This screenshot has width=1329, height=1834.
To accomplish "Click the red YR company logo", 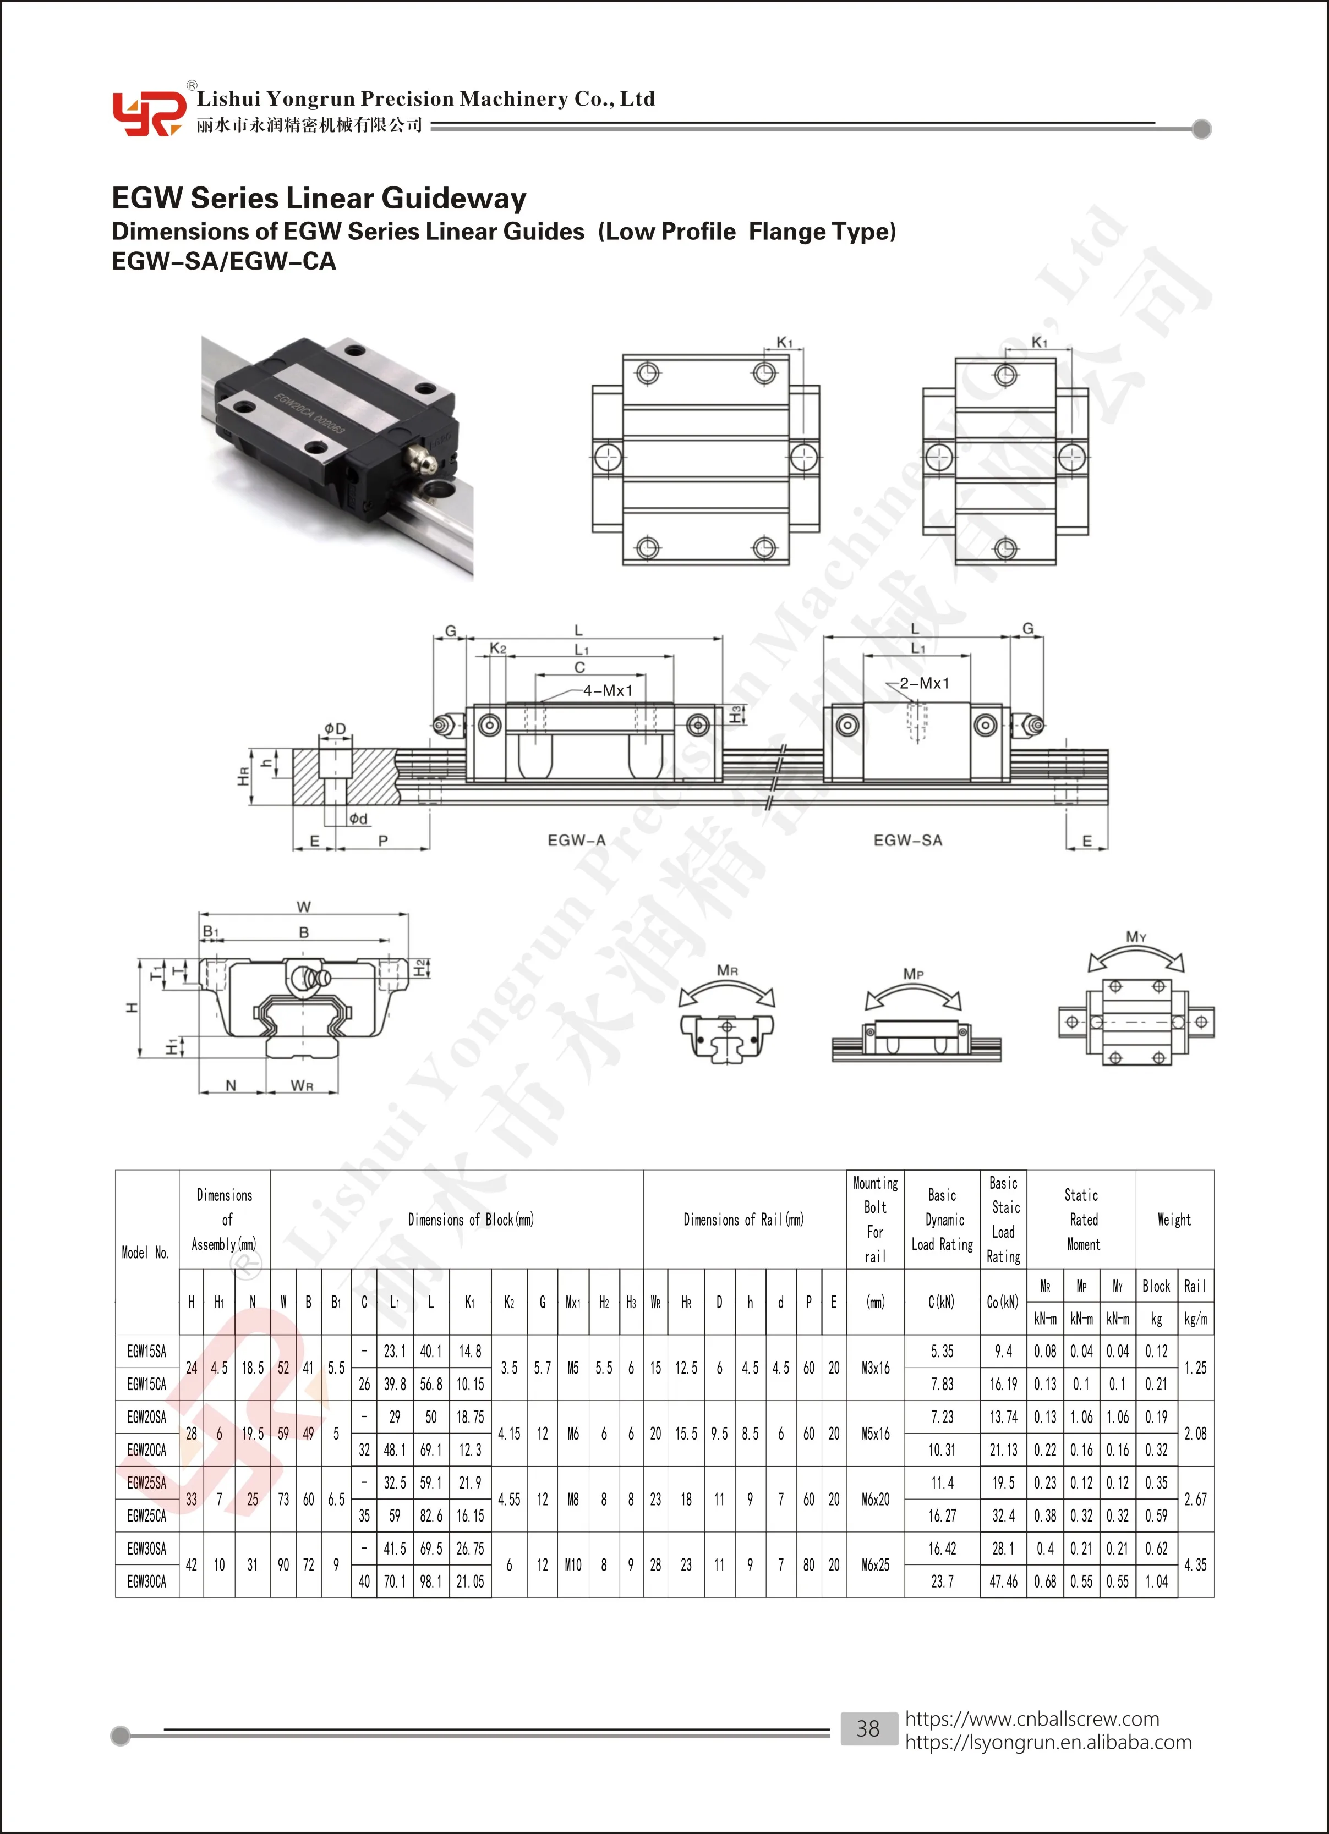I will coord(148,114).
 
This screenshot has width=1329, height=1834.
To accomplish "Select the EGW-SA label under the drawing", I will coord(907,840).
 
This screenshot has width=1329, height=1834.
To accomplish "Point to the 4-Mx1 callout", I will coord(606,690).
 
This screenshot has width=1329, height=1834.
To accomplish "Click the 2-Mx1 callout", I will coord(924,683).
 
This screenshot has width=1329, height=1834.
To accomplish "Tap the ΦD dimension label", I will coord(335,728).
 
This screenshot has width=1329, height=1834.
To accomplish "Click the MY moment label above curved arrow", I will coord(1136,936).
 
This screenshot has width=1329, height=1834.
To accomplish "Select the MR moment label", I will coord(727,970).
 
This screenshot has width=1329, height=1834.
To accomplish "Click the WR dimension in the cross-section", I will coord(302,1086).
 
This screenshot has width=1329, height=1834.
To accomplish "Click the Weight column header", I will coord(1174,1220).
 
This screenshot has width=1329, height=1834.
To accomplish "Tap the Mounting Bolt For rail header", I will coord(875,1220).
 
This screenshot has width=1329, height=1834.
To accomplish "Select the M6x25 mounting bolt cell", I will coord(875,1564).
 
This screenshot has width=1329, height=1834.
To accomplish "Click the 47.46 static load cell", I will coord(1003,1582).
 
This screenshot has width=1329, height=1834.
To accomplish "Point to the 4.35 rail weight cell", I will coord(1195,1564).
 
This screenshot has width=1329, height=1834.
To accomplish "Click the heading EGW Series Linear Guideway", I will coord(319,198).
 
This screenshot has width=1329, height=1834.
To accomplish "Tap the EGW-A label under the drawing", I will coord(576,840).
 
